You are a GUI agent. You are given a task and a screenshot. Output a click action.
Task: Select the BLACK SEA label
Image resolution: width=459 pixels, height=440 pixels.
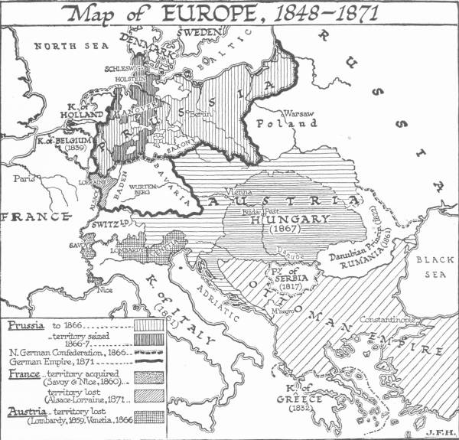click(432, 268)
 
